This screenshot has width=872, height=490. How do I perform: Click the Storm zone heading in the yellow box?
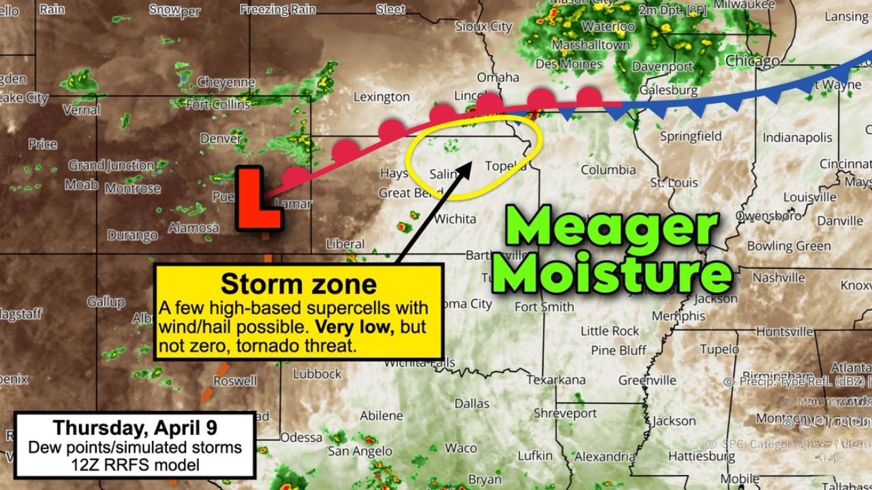(x=298, y=284)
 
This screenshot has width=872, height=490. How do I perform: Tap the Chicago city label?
(x=752, y=61)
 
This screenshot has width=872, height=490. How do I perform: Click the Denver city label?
(x=221, y=139)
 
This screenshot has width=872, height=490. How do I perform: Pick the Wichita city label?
(x=454, y=219)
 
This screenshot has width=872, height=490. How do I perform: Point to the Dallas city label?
(x=471, y=404)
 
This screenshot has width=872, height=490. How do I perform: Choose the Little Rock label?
(x=610, y=331)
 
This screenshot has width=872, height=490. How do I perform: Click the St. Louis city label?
(x=674, y=183)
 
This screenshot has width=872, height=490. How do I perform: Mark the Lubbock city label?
(x=317, y=374)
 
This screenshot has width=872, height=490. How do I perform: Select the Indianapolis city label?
(x=797, y=138)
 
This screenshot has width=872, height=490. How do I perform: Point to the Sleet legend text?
(x=390, y=9)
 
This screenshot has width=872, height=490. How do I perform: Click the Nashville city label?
(x=779, y=278)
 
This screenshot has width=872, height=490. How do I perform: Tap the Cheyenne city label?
(x=225, y=82)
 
